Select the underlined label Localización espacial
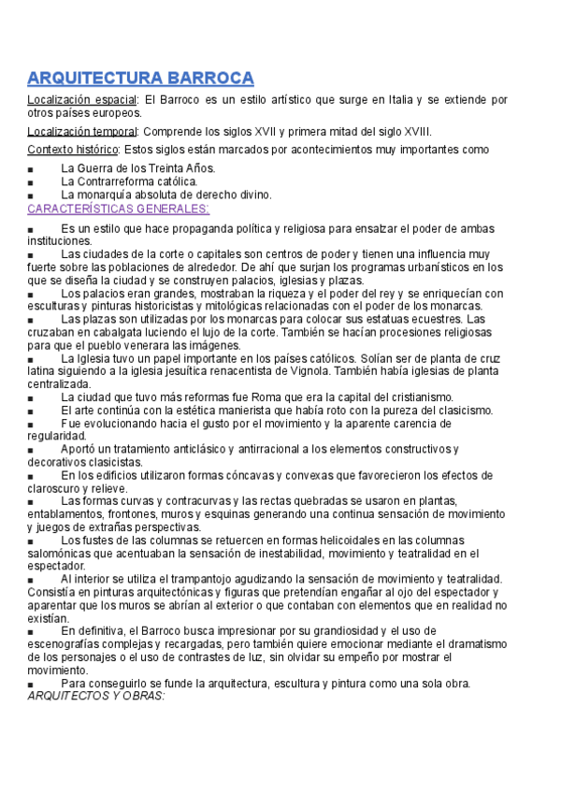pos(82,99)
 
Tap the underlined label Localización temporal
pos(82,131)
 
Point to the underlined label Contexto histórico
pos(73,150)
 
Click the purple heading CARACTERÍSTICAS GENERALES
pos(119,208)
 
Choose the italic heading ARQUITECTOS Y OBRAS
pos(96,696)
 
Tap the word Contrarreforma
pos(114,181)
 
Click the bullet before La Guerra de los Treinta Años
pos(32,169)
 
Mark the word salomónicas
pos(62,554)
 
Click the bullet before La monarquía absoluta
pos(32,195)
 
